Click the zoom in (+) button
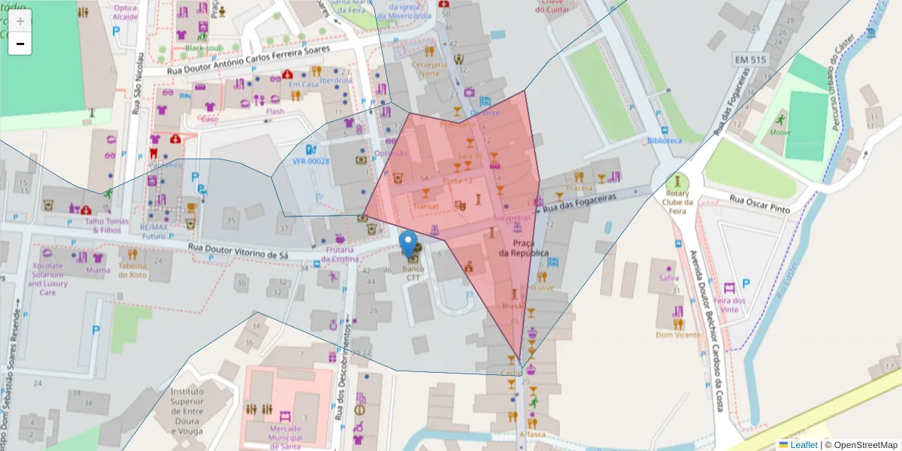pos(20,21)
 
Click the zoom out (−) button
pos(20,44)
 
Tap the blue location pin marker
pos(408,244)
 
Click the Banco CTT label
pos(413,273)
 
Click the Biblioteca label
pos(664,141)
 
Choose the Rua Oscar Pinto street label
pos(759,204)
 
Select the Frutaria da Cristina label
pos(341,254)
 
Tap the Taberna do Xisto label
pos(132,270)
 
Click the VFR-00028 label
pos(310,161)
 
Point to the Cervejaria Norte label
pos(429,69)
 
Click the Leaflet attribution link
pos(803,445)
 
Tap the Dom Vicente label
pos(677,335)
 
